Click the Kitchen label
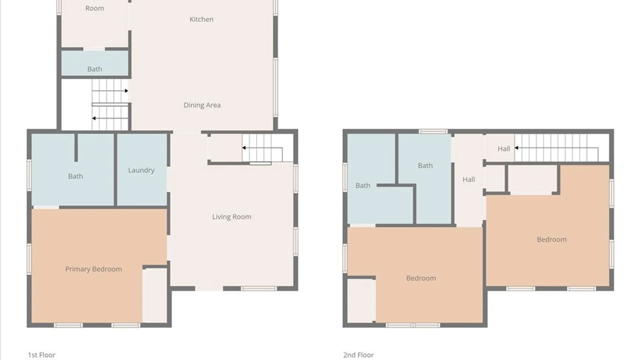coord(201,19)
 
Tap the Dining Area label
coord(202,105)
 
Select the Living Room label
coord(232,217)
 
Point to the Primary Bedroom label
coord(94,269)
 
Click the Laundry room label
coord(141,170)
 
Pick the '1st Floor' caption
coord(42,355)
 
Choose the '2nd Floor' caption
coord(359,355)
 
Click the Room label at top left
coord(95,8)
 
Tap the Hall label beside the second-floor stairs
coord(504,149)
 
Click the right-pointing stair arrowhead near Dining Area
coord(126,91)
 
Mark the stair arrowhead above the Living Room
coord(244,148)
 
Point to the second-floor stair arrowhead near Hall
coord(516,148)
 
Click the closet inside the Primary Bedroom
coord(155,295)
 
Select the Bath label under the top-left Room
coord(95,69)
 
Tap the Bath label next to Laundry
coord(76,176)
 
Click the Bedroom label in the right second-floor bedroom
coord(552,240)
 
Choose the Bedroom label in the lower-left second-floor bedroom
coord(421,278)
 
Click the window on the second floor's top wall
coord(433,131)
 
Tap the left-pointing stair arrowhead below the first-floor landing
coord(94,118)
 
